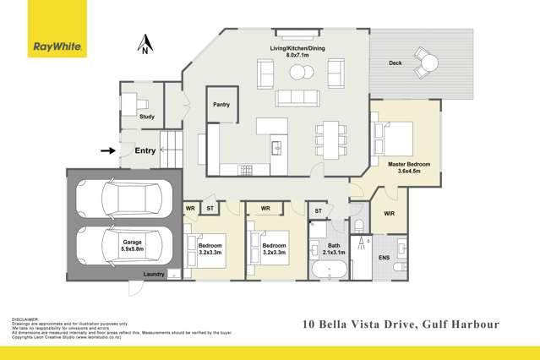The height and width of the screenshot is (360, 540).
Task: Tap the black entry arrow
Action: pos(107,151)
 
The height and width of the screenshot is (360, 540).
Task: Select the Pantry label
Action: pos(221,105)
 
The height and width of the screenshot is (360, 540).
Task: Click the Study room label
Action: pos(147,117)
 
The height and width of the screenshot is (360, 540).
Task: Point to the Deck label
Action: pos(395,63)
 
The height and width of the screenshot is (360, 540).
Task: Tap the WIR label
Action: pos(390,214)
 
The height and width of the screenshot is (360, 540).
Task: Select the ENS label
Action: pos(384,257)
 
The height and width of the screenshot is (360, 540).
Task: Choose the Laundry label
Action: pos(154,274)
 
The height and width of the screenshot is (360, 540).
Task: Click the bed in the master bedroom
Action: pos(395,135)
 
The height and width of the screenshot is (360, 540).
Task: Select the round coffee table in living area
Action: pos(297,73)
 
